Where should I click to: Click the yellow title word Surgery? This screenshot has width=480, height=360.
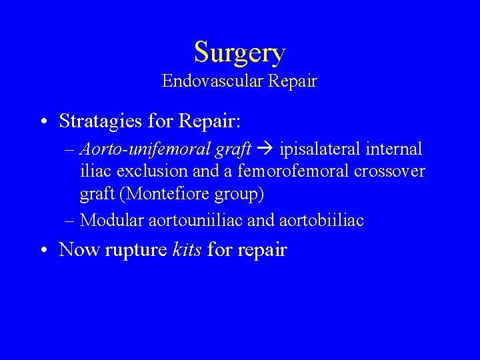point(239,52)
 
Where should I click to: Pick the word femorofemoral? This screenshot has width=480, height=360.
point(293,172)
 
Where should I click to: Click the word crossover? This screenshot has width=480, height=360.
point(389,172)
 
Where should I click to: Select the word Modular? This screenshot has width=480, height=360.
point(108,220)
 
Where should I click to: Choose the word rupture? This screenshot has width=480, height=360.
point(136,251)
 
